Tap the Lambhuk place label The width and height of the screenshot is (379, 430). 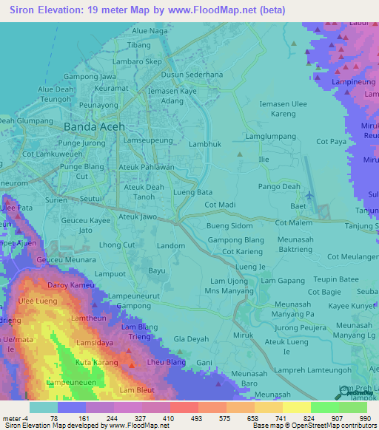(x=205, y=146)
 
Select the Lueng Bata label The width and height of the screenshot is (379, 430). (x=192, y=192)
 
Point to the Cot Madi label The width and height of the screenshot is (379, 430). (x=220, y=205)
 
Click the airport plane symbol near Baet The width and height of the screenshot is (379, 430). (x=308, y=195)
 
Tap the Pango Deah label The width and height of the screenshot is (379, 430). (x=280, y=187)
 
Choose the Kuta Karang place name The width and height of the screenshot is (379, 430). (x=97, y=363)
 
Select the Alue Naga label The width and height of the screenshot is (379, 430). (x=150, y=31)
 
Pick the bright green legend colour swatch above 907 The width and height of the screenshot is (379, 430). (x=324, y=407)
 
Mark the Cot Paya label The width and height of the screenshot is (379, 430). (x=331, y=140)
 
